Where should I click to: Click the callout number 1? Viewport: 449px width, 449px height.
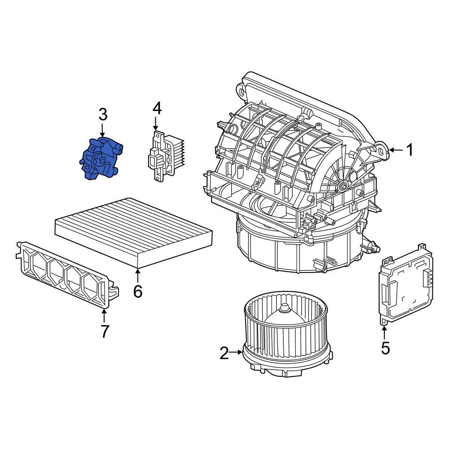409,150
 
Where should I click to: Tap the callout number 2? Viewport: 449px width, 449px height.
224,353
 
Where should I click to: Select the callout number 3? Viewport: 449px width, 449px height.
103,114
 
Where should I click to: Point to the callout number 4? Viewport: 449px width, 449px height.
156,108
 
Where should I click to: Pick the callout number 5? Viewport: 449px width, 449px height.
385,348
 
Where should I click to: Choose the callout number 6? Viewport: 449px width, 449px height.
137,291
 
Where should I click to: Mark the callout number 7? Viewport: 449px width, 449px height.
104,331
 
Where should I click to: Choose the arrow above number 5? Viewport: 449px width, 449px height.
385,332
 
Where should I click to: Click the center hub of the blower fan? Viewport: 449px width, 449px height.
284,308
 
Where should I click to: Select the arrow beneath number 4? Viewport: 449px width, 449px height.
156,123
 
